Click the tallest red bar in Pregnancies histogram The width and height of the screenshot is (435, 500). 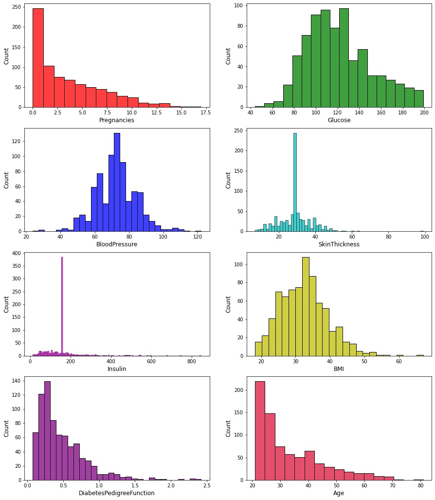tap(38, 58)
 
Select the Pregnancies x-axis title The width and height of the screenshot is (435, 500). tap(117, 120)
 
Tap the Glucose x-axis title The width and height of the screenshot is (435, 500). tap(339, 120)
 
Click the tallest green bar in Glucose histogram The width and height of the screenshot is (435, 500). tap(344, 58)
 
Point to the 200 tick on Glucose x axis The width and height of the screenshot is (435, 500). tap(424, 113)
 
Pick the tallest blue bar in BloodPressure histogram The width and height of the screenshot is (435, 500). tap(117, 183)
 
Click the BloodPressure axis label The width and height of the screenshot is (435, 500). tap(117, 244)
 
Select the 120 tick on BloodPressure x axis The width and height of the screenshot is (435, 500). tap(198, 237)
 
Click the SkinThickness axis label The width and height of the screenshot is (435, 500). tap(339, 244)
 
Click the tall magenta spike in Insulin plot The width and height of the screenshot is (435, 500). tap(62, 307)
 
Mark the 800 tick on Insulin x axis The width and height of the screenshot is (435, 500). tap(192, 362)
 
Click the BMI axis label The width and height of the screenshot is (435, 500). tap(339, 369)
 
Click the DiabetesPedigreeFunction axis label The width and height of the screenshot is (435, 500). tap(117, 493)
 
